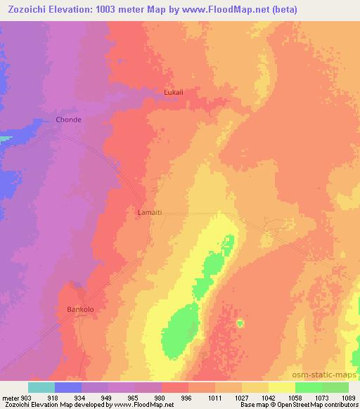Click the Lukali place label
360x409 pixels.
click(173, 92)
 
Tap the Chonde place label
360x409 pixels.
click(69, 120)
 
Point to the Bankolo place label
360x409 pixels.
click(79, 309)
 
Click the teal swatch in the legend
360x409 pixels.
click(41, 387)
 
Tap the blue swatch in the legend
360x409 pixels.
click(68, 387)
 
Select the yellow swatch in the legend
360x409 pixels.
click(281, 387)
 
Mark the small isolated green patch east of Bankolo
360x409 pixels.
click(240, 323)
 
